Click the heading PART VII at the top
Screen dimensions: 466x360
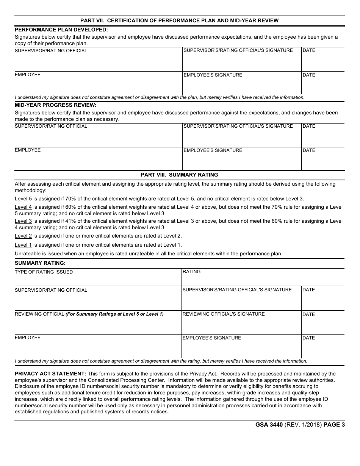click(179, 20)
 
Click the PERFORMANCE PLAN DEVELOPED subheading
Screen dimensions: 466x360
click(61, 29)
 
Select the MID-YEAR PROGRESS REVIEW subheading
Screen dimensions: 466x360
click(55, 105)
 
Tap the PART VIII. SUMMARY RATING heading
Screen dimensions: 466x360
click(179, 175)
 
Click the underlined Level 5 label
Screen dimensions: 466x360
click(23, 199)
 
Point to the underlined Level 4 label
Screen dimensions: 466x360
click(23, 207)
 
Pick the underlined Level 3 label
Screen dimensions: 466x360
click(23, 221)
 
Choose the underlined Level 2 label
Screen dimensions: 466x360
click(23, 236)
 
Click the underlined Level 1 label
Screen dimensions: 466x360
click(23, 245)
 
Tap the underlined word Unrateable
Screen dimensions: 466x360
click(28, 254)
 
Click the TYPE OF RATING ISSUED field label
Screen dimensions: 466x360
click(44, 272)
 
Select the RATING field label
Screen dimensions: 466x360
click(191, 272)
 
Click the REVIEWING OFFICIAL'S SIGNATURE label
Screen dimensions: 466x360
click(224, 314)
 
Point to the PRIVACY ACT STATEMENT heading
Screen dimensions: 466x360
click(50, 374)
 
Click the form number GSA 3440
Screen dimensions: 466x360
click(269, 425)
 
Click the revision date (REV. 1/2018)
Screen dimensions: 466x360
click(303, 425)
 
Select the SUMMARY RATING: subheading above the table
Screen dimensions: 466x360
click(40, 263)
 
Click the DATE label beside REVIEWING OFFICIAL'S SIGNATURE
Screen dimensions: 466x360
click(308, 314)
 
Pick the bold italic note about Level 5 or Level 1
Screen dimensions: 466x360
click(114, 314)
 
